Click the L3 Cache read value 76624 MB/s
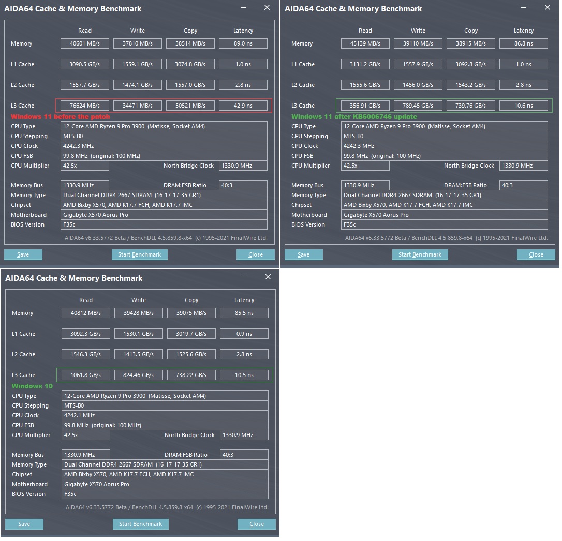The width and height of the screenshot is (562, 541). click(85, 106)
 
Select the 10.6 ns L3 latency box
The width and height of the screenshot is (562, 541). click(523, 106)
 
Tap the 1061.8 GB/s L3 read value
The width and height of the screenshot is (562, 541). click(86, 375)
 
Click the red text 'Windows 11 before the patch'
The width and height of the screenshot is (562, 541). click(61, 117)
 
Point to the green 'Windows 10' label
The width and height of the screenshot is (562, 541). click(32, 386)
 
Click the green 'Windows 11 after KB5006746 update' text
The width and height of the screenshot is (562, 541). click(354, 117)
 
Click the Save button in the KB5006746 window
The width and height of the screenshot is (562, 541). click(304, 254)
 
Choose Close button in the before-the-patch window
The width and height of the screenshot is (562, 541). click(256, 254)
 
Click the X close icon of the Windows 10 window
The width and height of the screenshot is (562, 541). click(268, 277)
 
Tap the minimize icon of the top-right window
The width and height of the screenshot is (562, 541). click(524, 8)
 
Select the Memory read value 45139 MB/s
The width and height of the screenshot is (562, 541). click(365, 43)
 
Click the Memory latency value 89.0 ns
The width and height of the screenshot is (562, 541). click(243, 43)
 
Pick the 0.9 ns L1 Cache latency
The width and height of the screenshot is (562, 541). click(244, 334)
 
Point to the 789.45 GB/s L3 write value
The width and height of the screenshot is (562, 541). click(418, 106)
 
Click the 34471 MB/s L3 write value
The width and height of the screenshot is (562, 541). click(138, 106)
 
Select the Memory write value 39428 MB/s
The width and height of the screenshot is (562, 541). click(139, 313)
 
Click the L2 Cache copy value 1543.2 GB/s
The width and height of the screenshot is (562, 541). click(471, 85)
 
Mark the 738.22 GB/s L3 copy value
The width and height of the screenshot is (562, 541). click(191, 375)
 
